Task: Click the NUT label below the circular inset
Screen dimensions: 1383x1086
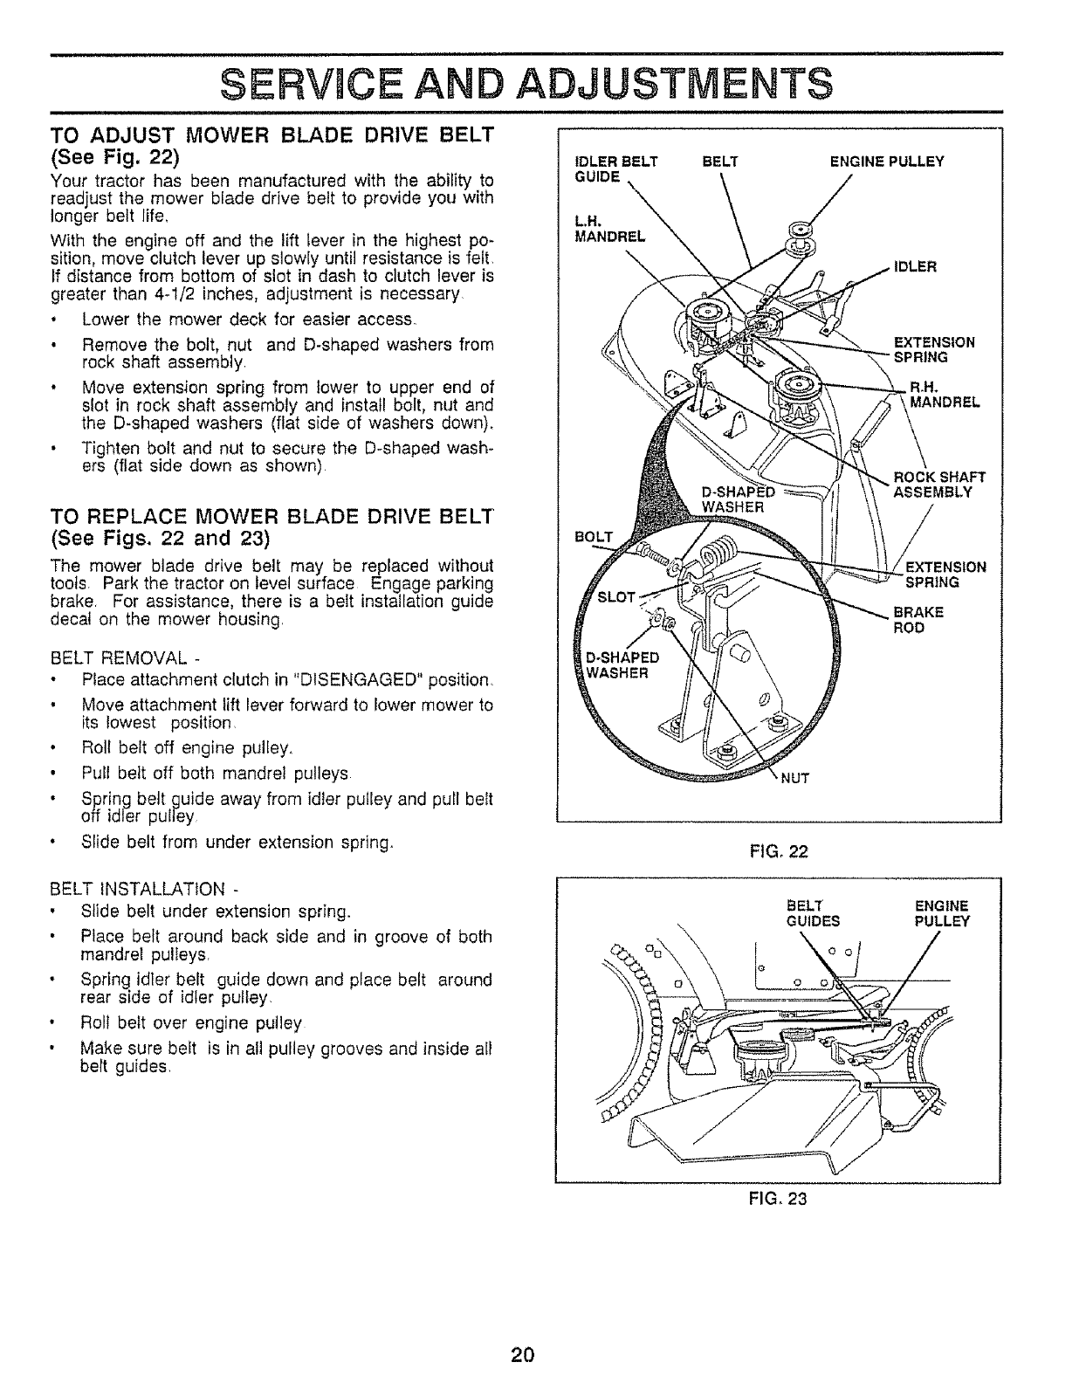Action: [x=795, y=780]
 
